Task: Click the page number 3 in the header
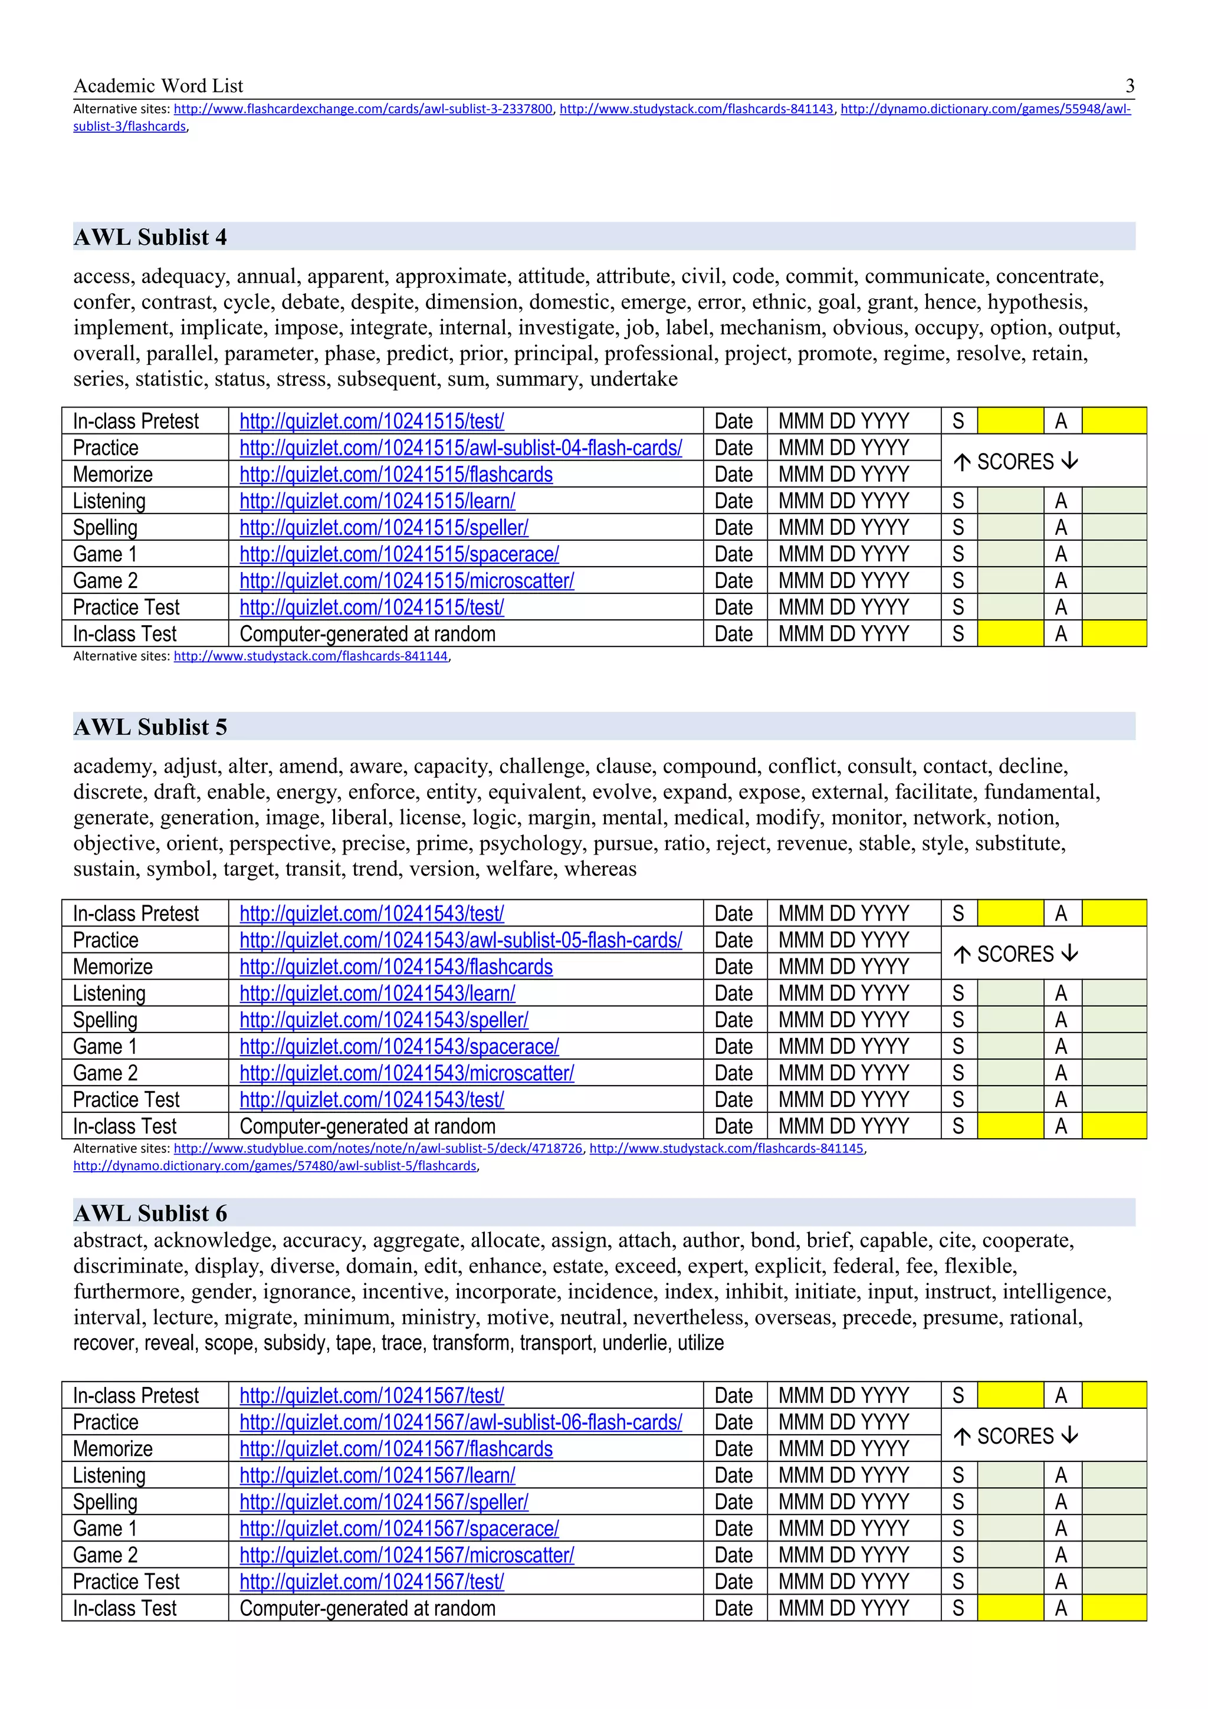1129,86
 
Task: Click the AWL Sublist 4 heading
150,238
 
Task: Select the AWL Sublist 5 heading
150,727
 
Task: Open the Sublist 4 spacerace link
399,554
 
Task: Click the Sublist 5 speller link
383,1020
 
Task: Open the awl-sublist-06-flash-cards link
460,1422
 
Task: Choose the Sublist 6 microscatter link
406,1555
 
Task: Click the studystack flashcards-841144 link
310,656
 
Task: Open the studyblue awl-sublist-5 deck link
377,1149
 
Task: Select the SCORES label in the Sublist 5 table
1015,954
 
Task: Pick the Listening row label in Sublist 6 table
109,1475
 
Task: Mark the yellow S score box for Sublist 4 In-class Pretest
1009,421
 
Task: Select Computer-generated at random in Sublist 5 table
367,1126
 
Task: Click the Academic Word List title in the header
158,86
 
